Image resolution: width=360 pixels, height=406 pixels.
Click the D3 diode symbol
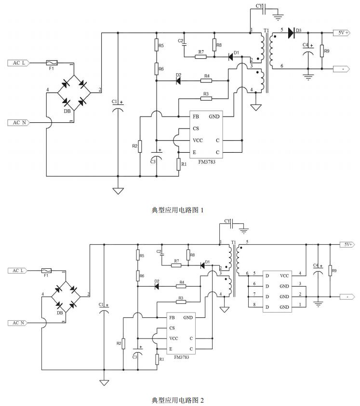291,33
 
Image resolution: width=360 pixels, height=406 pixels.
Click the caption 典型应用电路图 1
178,210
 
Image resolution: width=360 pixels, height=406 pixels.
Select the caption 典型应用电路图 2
178,400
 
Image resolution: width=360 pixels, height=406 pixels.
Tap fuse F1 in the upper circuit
51,63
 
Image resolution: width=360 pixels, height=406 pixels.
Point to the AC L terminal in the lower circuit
19,271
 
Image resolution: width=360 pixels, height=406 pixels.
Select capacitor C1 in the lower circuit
104,313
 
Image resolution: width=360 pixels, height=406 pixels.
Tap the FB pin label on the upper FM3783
196,117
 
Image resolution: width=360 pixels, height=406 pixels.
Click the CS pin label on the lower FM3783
172,328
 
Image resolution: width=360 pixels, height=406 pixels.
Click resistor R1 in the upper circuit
178,164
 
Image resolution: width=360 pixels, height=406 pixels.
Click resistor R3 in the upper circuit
206,99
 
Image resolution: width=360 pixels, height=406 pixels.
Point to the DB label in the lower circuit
60,313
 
